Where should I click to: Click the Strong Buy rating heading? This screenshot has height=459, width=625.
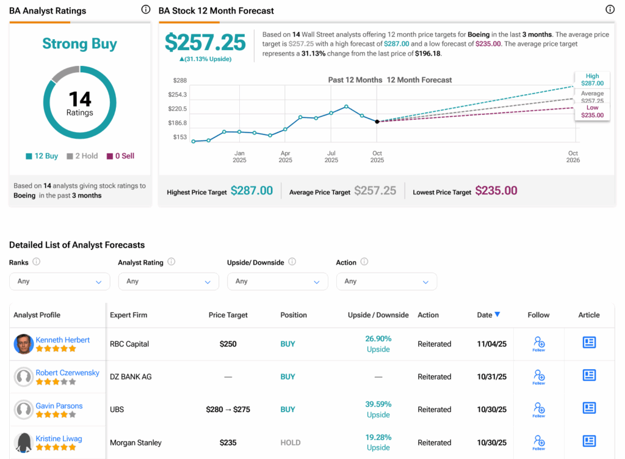(x=79, y=44)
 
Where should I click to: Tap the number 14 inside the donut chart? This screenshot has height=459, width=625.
(x=79, y=98)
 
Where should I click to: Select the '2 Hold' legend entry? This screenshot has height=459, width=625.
(x=82, y=156)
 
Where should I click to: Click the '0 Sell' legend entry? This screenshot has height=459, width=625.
(x=120, y=156)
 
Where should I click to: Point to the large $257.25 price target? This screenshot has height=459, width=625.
(x=205, y=42)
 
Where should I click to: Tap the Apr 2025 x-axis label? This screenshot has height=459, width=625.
(x=285, y=156)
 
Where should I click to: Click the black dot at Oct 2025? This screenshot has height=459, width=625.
(x=377, y=122)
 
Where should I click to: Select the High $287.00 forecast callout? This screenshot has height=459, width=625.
(x=592, y=79)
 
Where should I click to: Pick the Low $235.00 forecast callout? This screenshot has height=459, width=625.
(x=592, y=111)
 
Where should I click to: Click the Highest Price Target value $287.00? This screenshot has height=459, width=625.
(x=251, y=191)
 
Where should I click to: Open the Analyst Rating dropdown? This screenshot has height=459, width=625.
(x=168, y=281)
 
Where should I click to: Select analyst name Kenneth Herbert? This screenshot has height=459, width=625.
(x=62, y=340)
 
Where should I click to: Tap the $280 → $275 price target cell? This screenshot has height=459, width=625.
(x=228, y=409)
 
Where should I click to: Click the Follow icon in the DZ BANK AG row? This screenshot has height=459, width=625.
(x=538, y=376)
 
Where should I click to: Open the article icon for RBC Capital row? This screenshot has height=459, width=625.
(x=589, y=343)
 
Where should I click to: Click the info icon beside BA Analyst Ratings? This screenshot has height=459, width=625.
(x=145, y=10)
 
